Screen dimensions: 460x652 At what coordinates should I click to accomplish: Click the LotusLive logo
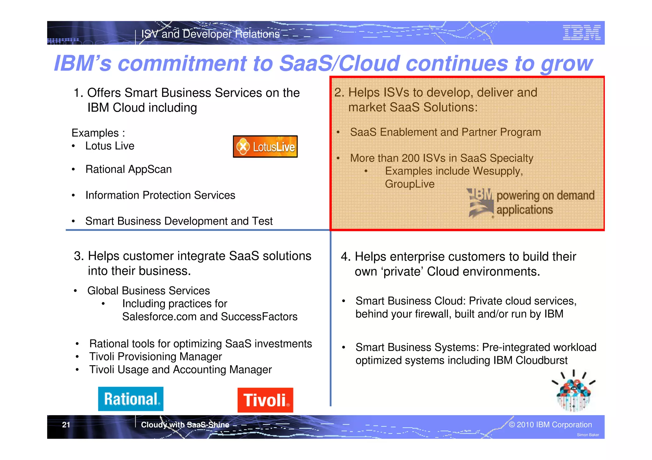click(265, 147)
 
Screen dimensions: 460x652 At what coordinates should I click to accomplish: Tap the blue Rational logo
click(131, 399)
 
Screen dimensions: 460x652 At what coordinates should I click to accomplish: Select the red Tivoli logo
click(265, 400)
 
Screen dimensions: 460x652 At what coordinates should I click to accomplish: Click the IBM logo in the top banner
click(581, 33)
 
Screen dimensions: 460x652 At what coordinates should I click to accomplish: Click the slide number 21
click(66, 425)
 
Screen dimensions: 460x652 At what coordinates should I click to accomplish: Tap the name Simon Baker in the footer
click(588, 435)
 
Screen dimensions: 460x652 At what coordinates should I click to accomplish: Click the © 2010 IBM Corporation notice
click(550, 425)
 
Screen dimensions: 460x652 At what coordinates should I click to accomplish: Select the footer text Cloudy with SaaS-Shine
click(185, 425)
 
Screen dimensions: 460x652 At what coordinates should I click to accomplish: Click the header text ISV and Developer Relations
click(210, 34)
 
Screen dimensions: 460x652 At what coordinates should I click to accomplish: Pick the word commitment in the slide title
click(182, 63)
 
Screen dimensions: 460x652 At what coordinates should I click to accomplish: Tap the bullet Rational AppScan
click(128, 169)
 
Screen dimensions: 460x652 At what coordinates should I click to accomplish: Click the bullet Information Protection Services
click(160, 195)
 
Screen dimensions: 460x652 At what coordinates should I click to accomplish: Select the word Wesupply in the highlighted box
click(497, 171)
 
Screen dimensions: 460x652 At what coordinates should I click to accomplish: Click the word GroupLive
click(409, 184)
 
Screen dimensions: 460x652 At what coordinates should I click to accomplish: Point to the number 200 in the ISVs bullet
click(410, 158)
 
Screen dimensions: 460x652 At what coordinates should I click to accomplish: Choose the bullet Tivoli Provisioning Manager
click(155, 357)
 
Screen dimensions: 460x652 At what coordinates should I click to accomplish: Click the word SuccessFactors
click(259, 317)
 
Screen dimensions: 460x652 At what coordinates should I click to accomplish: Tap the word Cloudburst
click(542, 360)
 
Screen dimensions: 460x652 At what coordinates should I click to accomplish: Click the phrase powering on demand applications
click(545, 203)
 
